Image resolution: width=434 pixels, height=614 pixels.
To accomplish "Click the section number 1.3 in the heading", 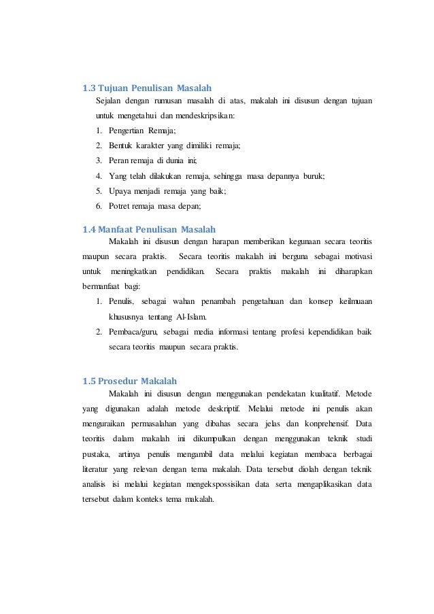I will point(88,88).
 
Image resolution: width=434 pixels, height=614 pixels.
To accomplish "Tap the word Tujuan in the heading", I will point(118,88).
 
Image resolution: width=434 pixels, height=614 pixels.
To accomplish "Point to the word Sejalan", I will point(108,102).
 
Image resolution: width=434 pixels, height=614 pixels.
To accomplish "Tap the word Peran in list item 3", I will point(120,161).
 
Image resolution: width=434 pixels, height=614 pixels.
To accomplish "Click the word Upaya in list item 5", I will point(120,192).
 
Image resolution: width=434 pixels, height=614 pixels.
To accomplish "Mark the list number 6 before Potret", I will point(99,207).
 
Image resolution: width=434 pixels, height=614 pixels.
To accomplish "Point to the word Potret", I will point(120,207).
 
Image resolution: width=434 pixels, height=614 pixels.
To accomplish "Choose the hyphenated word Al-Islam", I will point(194,317).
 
